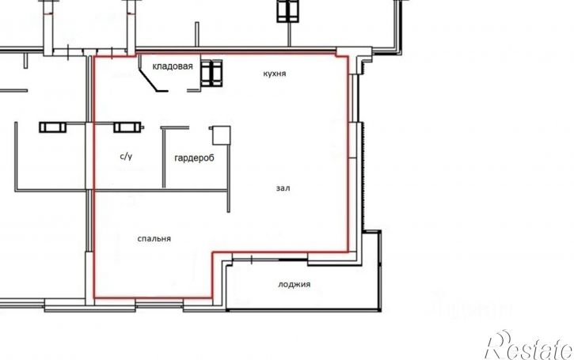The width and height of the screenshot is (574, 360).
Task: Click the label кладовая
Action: pyautogui.click(x=173, y=66)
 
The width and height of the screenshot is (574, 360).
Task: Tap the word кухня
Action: pyautogui.click(x=275, y=74)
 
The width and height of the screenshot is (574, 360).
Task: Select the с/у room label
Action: pyautogui.click(x=126, y=156)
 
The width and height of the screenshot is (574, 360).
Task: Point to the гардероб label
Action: pyautogui.click(x=195, y=158)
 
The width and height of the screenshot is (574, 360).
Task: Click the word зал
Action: pyautogui.click(x=283, y=188)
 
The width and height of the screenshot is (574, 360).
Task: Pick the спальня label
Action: pyautogui.click(x=154, y=238)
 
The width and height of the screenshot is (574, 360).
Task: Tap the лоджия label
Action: pyautogui.click(x=295, y=284)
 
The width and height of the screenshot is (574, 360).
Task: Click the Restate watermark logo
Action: pyautogui.click(x=530, y=345)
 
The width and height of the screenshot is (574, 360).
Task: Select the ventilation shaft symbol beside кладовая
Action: pyautogui.click(x=211, y=73)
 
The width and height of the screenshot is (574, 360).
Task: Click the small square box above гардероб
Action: pyautogui.click(x=222, y=135)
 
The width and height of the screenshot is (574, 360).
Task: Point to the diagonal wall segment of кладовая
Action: pyautogui.click(x=148, y=80)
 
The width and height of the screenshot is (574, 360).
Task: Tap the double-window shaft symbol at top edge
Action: pyautogui.click(x=287, y=11)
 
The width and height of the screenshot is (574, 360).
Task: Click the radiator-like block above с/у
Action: pyautogui.click(x=127, y=127)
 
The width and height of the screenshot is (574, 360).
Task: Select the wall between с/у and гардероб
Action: pyautogui.click(x=164, y=158)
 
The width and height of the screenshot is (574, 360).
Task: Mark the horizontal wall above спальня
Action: pyautogui.click(x=161, y=190)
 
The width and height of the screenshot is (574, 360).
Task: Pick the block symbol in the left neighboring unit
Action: pyautogui.click(x=53, y=127)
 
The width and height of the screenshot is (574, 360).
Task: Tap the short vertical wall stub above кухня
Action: pyautogui.click(x=197, y=34)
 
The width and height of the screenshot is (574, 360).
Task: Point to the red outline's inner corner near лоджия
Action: pyautogui.click(x=213, y=252)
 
